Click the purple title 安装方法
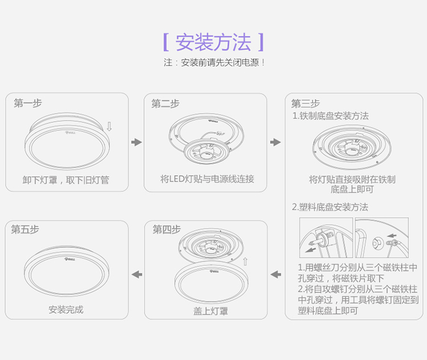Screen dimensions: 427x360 (213, 42)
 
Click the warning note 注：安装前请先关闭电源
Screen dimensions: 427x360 (214, 63)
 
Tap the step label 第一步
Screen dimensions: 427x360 (28, 103)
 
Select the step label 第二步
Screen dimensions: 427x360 (165, 104)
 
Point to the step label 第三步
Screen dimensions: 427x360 (305, 104)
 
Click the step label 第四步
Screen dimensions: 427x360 (166, 229)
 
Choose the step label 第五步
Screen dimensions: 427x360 (25, 229)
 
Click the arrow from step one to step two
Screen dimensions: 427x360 (137, 142)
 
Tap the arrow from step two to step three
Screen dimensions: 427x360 (276, 142)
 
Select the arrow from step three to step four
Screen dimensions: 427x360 (276, 274)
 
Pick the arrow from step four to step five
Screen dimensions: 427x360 (137, 274)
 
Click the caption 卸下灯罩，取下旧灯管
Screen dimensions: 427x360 (66, 180)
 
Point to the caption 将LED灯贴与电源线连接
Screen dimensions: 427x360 (207, 179)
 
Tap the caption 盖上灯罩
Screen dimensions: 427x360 (211, 311)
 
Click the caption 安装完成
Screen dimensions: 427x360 (66, 309)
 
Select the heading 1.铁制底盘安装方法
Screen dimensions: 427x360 (331, 116)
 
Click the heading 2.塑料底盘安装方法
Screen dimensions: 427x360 (330, 207)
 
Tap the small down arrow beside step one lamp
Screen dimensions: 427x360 (109, 126)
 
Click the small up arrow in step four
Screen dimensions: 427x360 (245, 262)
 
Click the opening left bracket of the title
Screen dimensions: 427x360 (166, 42)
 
